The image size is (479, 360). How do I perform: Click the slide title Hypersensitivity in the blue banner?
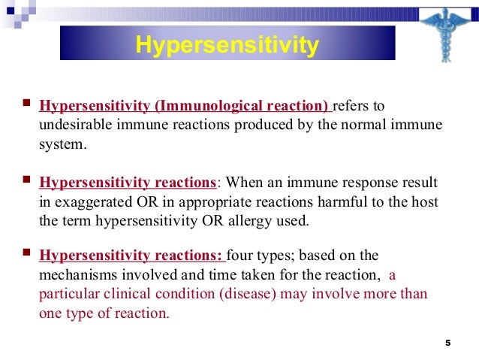[x=227, y=45]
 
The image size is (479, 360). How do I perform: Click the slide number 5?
[x=447, y=343]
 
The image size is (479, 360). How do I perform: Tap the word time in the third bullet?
[x=224, y=274]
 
